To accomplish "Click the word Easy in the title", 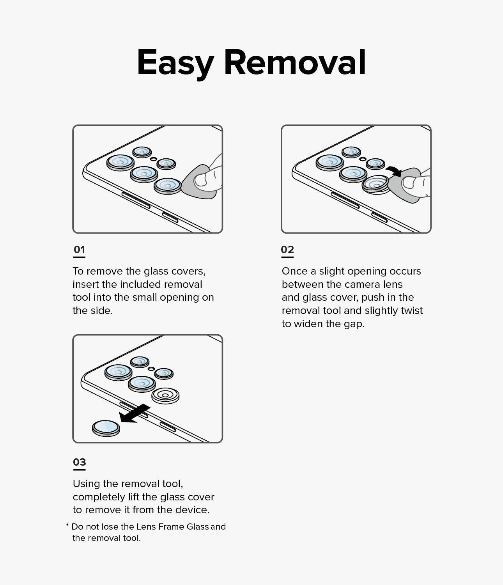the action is (175, 64).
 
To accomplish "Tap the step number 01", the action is (79, 250).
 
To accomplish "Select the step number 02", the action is (287, 250).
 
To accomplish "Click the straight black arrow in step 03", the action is (135, 414).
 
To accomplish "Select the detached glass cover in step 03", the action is (106, 428).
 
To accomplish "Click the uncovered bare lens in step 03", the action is (165, 395).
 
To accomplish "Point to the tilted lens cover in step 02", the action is (376, 184).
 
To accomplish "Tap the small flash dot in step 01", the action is (153, 159).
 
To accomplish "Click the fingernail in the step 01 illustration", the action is (200, 180).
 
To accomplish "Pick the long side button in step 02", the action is (345, 200).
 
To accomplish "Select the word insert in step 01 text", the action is (86, 284).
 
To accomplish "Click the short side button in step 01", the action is (170, 217).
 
